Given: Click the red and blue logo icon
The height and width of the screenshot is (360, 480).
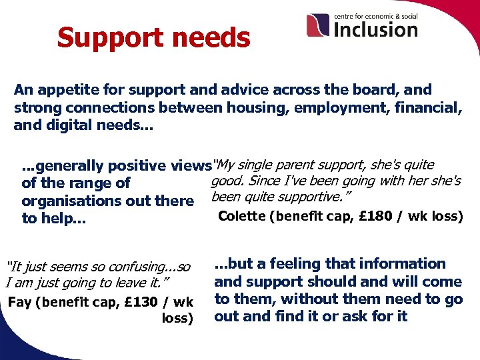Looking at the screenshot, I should pyautogui.click(x=318, y=25).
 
